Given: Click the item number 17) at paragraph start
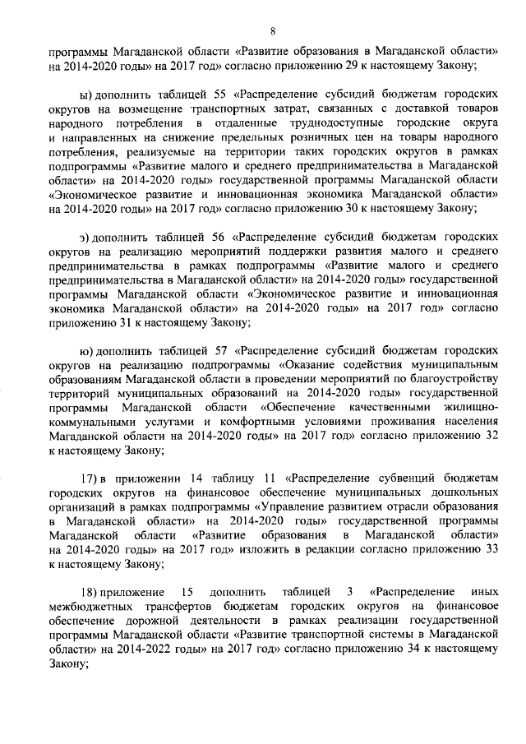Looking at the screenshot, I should pos(88,478).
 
